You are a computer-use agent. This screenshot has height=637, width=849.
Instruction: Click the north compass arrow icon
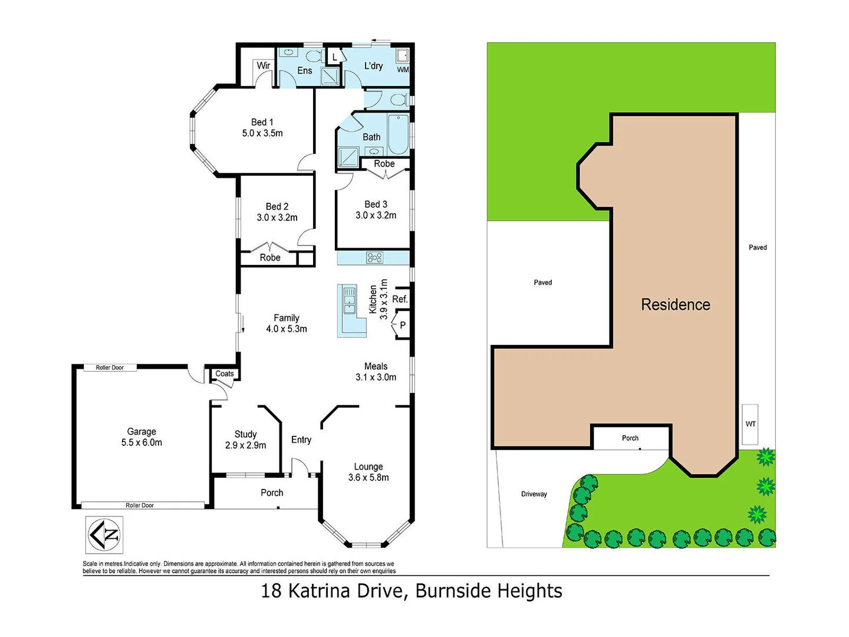point(104,534)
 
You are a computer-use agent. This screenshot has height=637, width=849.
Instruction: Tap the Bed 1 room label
point(262,122)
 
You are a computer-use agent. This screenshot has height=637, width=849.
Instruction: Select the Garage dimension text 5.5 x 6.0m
point(141,442)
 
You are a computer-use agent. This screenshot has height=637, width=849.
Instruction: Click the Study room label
point(245,434)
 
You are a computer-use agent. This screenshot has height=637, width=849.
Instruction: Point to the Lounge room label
point(368,467)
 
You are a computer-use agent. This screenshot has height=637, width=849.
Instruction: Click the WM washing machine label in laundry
point(403,70)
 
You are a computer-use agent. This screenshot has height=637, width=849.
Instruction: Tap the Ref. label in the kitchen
point(400,299)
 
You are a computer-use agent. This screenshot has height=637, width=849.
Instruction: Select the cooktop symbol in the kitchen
point(374,257)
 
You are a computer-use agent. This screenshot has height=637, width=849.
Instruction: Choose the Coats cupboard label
point(225,373)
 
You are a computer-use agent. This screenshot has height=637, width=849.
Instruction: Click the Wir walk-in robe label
point(263,65)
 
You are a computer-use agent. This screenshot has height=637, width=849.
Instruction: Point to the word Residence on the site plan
point(675,304)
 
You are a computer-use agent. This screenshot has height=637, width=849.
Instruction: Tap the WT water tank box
point(750,424)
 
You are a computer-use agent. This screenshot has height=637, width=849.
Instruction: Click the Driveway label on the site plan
point(534,494)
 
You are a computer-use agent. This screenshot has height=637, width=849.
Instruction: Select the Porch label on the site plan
point(630,438)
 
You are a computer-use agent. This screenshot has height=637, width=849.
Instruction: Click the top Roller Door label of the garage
point(110,367)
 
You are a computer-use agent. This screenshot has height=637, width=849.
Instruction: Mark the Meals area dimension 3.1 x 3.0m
point(376,377)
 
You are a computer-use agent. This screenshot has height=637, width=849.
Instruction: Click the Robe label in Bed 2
point(269,258)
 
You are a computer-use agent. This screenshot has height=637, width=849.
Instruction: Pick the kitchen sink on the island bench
point(350,299)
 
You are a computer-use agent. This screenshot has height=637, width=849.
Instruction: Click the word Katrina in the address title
point(345,590)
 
